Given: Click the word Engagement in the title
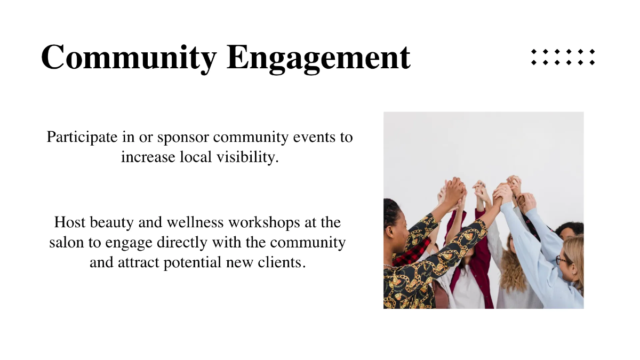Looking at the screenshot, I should [318, 58].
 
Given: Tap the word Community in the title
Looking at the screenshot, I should [129, 57].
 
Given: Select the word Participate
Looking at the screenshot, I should [82, 137].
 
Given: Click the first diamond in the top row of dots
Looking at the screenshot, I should [534, 52].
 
